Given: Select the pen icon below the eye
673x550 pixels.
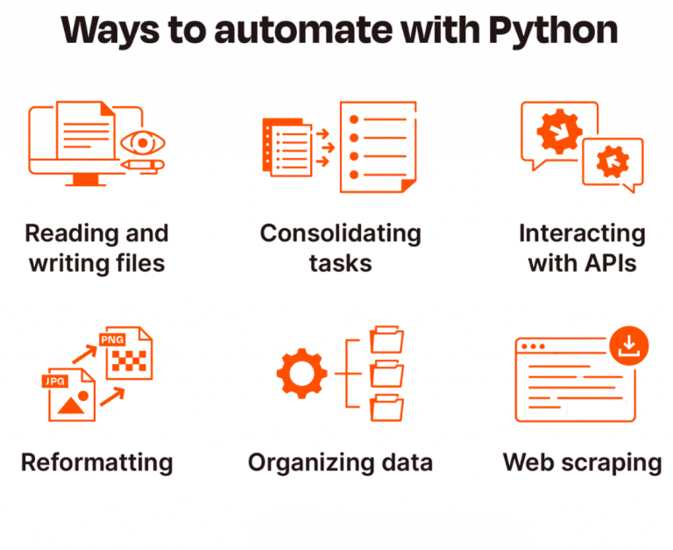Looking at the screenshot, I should (x=142, y=164).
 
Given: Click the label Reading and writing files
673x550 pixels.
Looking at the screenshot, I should (x=96, y=248).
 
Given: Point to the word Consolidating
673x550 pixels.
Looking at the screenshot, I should (x=340, y=233).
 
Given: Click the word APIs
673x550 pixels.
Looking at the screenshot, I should (x=610, y=263).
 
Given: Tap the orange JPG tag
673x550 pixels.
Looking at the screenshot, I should (x=55, y=382).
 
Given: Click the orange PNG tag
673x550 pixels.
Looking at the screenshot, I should (x=112, y=339).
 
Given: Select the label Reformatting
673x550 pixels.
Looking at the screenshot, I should (x=96, y=461).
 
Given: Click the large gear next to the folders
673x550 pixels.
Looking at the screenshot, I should (x=301, y=375).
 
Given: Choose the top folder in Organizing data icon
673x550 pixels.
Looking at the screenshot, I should (x=386, y=340).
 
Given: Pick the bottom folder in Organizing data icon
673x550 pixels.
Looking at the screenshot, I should (x=386, y=408).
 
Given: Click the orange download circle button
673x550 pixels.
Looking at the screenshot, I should (x=628, y=345).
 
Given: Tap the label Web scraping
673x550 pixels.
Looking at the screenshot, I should (x=582, y=461).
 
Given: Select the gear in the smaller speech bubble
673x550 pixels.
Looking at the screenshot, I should (x=611, y=161).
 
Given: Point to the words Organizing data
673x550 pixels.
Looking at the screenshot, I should (x=340, y=461).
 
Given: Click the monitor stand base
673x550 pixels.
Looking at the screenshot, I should (x=85, y=182).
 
